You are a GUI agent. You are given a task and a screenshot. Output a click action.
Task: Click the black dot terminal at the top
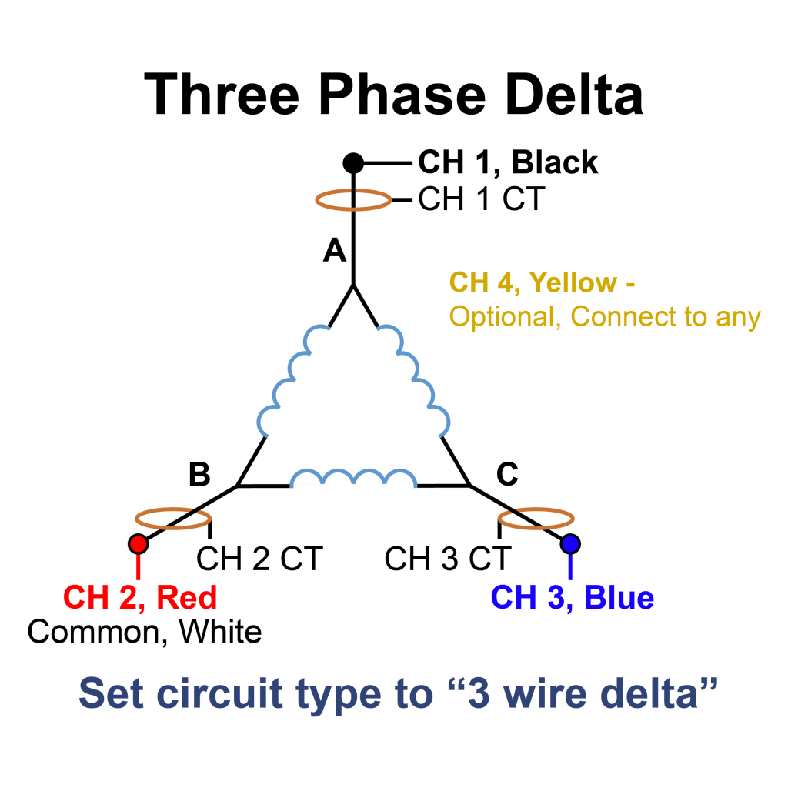click(352, 163)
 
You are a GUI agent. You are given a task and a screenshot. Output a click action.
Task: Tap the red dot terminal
click(138, 544)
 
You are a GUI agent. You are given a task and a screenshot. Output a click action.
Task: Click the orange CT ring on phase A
click(353, 201)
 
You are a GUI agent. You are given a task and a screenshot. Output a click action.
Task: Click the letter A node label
click(335, 250)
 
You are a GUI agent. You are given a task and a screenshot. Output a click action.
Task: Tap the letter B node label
click(199, 476)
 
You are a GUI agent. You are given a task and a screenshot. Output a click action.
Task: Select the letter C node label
click(507, 476)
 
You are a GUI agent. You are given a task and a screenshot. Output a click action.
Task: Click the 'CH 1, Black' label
click(508, 163)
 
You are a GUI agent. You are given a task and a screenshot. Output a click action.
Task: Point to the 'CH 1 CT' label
click(481, 200)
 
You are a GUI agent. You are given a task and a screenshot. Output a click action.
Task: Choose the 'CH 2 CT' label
click(259, 559)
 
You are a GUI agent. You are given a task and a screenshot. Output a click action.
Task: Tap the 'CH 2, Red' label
click(140, 597)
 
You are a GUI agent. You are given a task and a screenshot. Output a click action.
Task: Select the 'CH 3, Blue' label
click(573, 597)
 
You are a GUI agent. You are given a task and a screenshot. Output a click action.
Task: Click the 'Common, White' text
click(145, 632)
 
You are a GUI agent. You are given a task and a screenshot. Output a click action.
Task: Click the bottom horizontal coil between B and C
click(353, 479)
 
